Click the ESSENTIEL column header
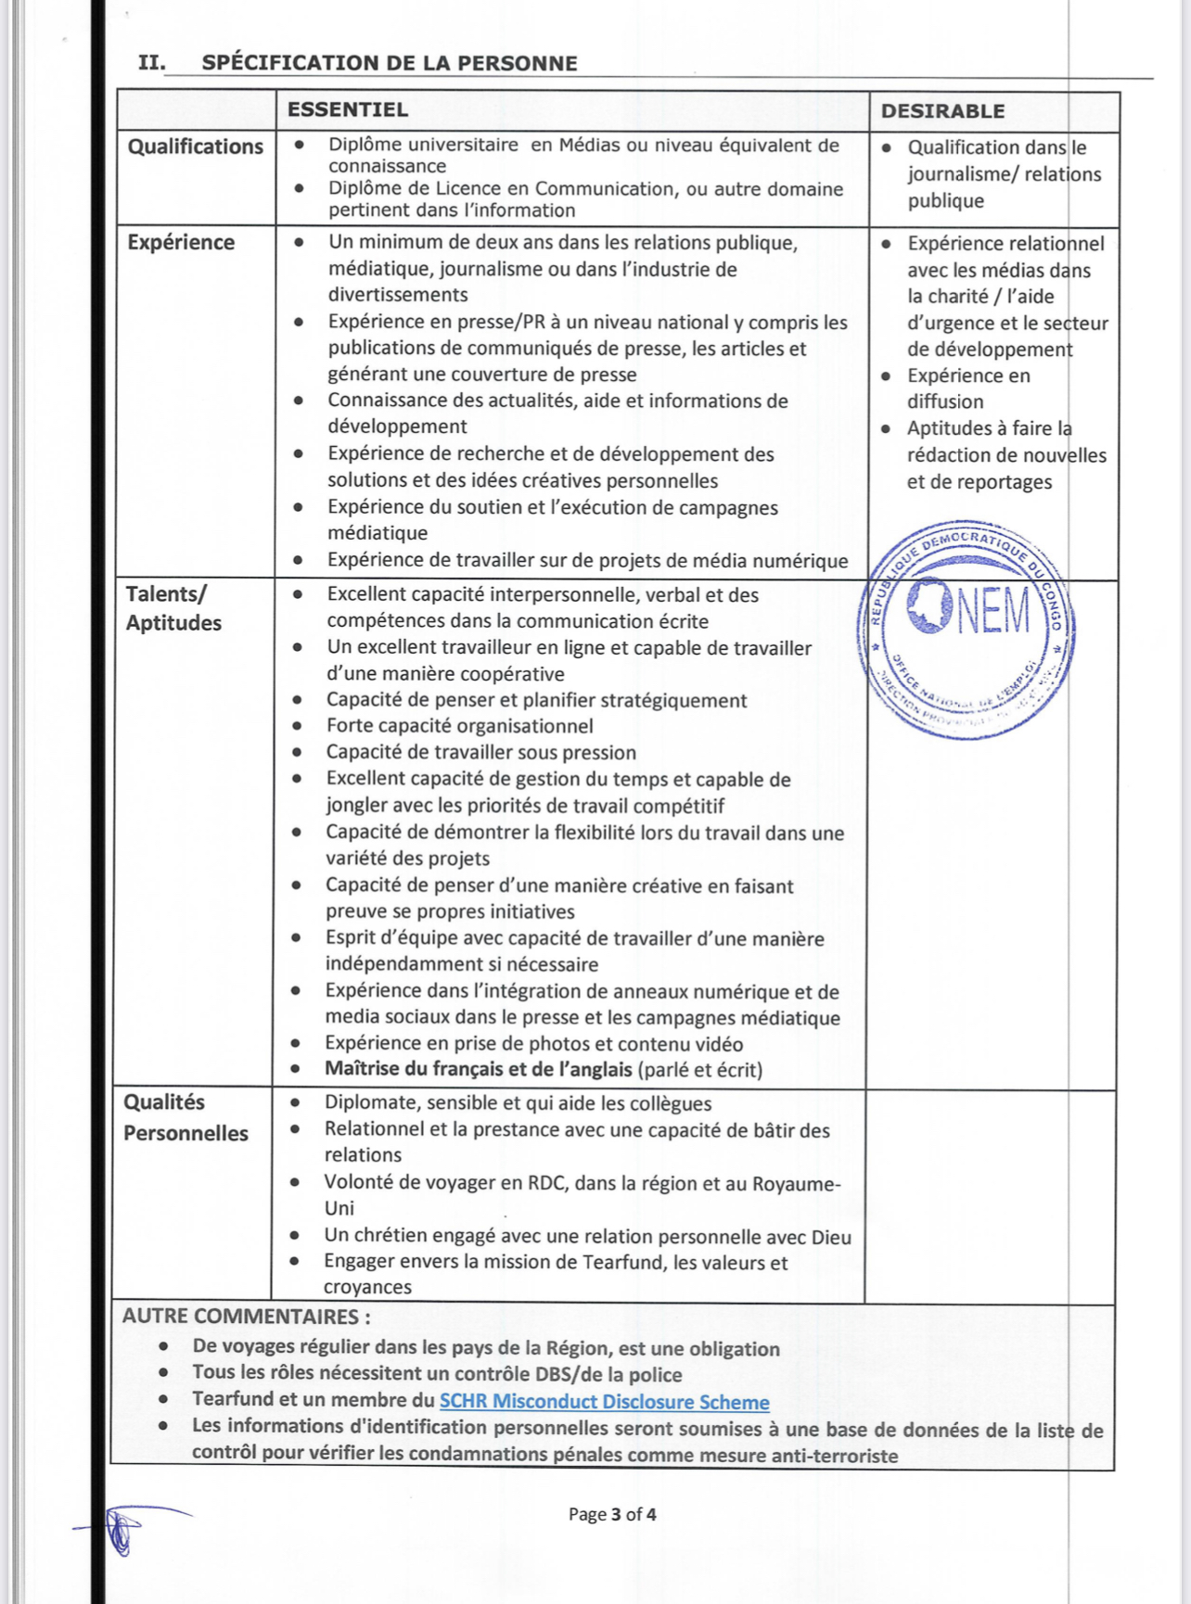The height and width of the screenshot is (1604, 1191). (x=348, y=109)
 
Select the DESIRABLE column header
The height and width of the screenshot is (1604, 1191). (x=942, y=111)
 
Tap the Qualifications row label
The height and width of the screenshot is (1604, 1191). (x=196, y=146)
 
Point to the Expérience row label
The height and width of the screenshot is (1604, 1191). (x=181, y=243)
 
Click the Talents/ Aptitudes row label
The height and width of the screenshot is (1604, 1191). (x=173, y=608)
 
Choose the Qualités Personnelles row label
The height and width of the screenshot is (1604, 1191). (x=186, y=1117)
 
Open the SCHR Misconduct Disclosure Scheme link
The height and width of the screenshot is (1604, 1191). (x=604, y=1402)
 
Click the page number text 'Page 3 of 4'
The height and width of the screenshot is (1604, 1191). (x=612, y=1514)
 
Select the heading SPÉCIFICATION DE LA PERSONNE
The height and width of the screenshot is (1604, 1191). (x=390, y=63)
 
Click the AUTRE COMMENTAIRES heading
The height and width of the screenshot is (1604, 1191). (x=246, y=1317)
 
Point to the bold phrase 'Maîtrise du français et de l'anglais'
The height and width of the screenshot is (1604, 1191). (x=478, y=1069)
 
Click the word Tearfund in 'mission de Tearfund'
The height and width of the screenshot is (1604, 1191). (x=624, y=1262)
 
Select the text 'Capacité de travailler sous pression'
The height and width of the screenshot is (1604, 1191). (x=480, y=752)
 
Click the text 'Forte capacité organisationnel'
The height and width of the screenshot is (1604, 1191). (x=459, y=726)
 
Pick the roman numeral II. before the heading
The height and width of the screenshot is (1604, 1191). (x=152, y=63)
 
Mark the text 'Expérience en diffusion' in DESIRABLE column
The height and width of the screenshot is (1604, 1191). (x=967, y=388)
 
